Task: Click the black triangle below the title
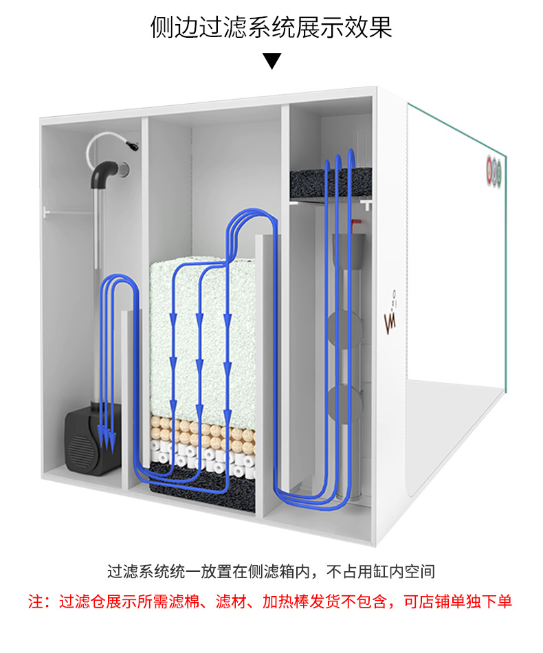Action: [x=272, y=60]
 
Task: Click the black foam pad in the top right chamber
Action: [x=329, y=181]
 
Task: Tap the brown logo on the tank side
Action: [x=392, y=317]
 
